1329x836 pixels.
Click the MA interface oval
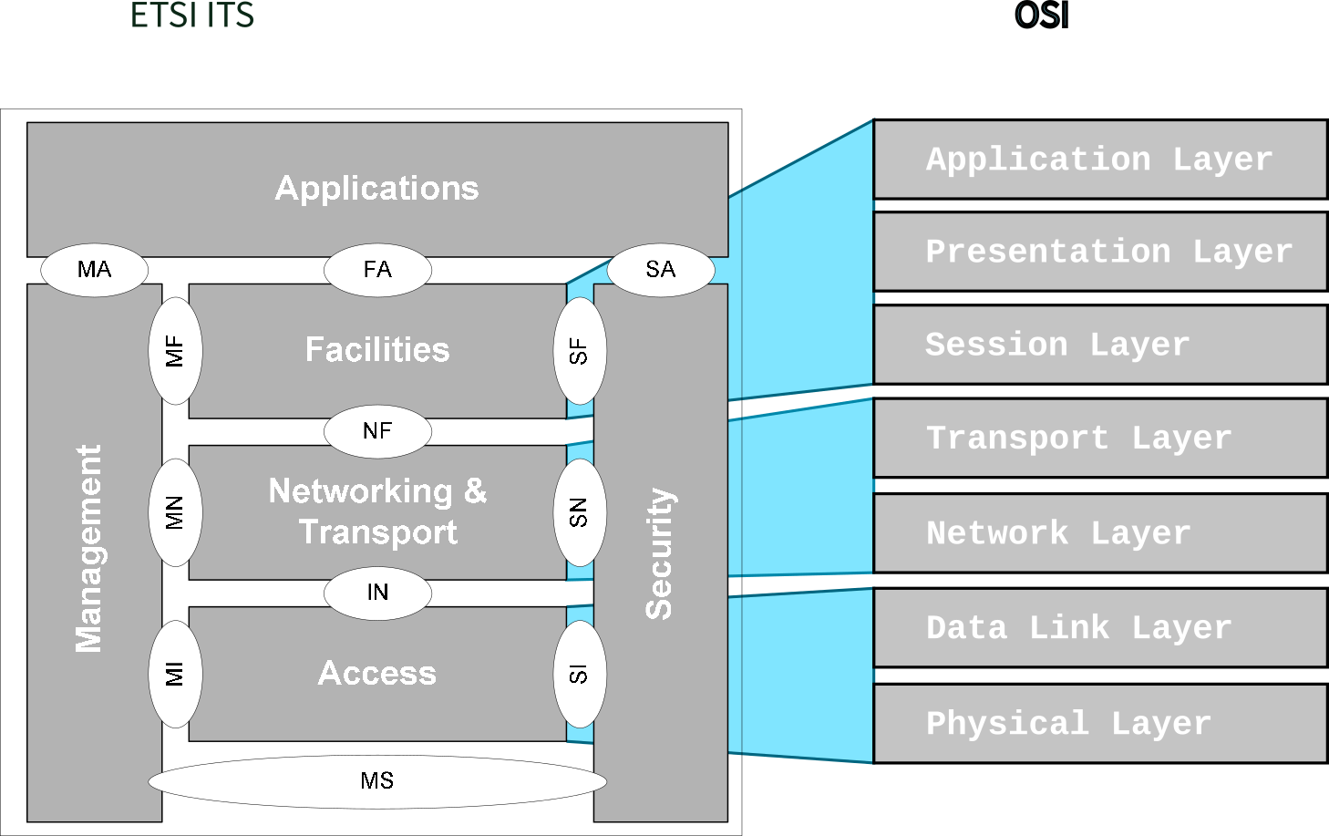[94, 270]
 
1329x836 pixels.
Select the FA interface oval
[377, 270]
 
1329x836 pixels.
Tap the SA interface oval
[660, 270]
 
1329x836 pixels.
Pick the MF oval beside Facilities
[175, 351]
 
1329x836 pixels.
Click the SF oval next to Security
[580, 351]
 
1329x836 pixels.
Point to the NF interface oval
[377, 431]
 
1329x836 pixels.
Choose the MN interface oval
[175, 512]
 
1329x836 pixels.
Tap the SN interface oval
[580, 512]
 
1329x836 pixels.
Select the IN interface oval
[377, 593]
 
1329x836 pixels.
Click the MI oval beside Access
[175, 675]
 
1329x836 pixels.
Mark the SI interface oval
[580, 675]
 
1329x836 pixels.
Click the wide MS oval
[377, 781]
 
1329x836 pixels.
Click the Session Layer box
[1099, 345]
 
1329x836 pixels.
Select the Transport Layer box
[1099, 439]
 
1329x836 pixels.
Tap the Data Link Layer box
[1099, 628]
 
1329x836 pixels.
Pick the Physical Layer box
[1099, 724]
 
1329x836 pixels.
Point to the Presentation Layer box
[1099, 252]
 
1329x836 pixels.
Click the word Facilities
[377, 350]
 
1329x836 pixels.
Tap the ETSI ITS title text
[192, 15]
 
